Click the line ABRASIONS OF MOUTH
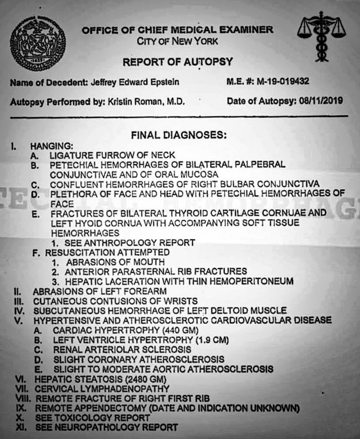[114, 262]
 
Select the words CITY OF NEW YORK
[177, 41]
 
